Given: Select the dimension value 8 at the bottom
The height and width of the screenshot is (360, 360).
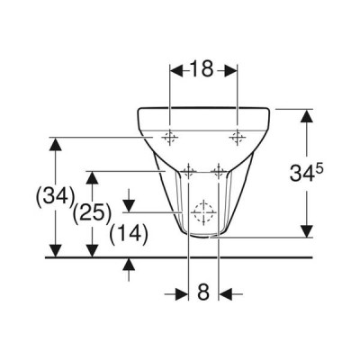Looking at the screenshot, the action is (x=203, y=292).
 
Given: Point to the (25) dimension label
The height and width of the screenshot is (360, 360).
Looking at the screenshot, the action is (x=93, y=214).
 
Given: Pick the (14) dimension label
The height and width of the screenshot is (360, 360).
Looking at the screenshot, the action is (x=129, y=234).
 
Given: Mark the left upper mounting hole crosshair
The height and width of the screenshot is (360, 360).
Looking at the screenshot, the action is (x=170, y=138).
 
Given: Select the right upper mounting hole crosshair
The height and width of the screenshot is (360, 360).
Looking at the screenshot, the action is (x=238, y=138).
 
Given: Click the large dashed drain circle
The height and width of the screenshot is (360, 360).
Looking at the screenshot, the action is (x=203, y=212).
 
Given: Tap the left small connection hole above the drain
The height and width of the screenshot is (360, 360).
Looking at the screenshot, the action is (x=188, y=172).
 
